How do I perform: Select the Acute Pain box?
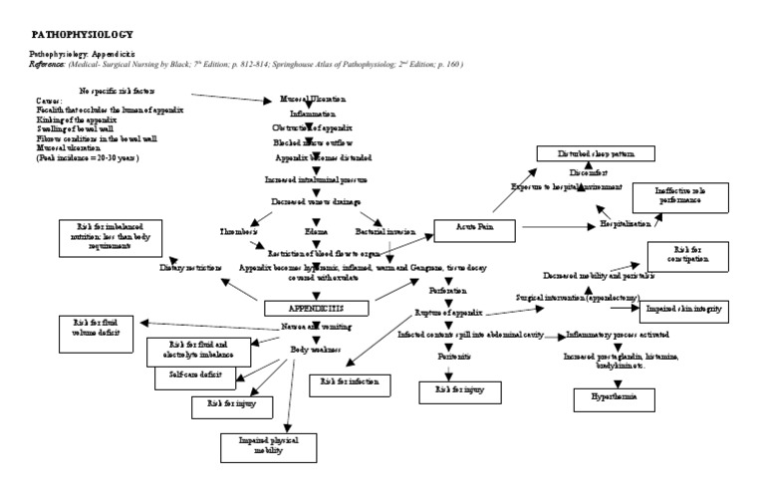[476, 231]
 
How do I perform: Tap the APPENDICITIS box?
[315, 308]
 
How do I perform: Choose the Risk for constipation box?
[692, 255]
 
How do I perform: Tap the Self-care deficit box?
[196, 376]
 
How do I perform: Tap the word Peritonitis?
[454, 356]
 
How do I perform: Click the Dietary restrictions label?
[190, 268]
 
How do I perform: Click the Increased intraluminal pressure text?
[316, 179]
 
